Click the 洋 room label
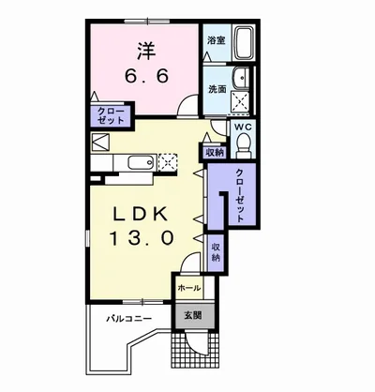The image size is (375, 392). (146, 52)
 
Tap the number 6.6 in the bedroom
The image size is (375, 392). (147, 76)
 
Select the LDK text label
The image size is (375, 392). (140, 215)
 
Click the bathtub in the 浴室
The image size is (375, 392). (245, 43)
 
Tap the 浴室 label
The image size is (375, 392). (217, 40)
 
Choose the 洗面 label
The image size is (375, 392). (217, 89)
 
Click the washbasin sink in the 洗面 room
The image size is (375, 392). (242, 79)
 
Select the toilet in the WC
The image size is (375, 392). (243, 145)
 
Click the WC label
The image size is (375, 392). (243, 128)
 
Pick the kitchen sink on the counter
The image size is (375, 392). (142, 162)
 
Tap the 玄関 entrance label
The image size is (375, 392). (192, 316)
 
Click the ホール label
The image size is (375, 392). (189, 288)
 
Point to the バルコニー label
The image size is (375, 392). (129, 319)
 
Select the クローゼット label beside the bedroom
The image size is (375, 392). (111, 115)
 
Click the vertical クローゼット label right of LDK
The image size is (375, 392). (240, 196)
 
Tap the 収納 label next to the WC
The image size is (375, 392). (215, 153)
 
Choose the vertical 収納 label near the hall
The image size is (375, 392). (216, 252)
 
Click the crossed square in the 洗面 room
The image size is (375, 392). (240, 101)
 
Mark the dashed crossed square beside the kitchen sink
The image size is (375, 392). (168, 162)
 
